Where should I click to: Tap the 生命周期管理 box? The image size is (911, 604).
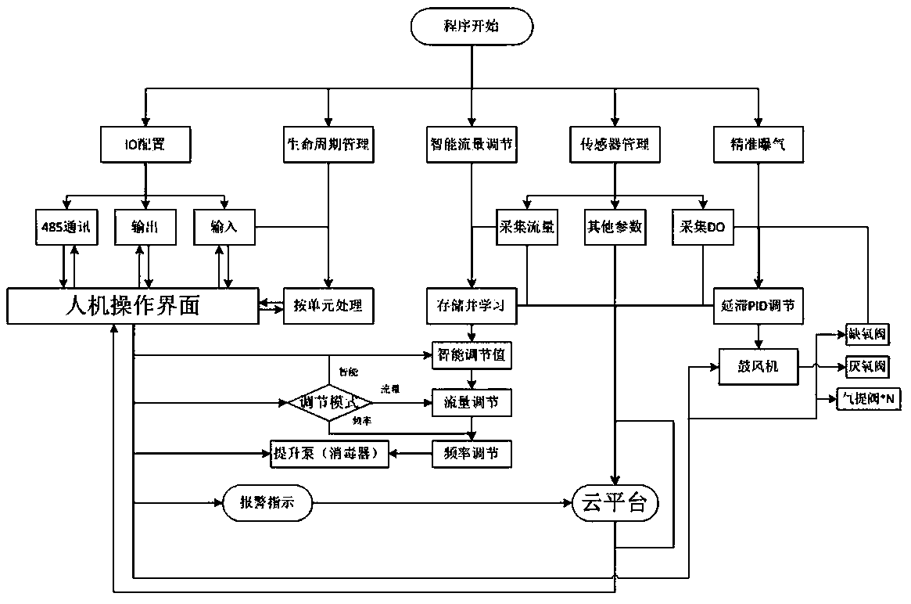(x=328, y=145)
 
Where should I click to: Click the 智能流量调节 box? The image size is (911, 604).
(x=472, y=145)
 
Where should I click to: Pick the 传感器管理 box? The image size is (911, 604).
(x=615, y=145)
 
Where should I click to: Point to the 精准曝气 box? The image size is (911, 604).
(x=758, y=145)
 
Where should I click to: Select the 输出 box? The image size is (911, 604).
(x=145, y=227)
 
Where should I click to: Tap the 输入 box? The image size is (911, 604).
(x=223, y=227)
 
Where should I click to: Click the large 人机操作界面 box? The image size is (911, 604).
(x=132, y=306)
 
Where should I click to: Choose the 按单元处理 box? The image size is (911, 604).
(x=328, y=306)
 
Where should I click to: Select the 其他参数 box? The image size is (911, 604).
(x=615, y=227)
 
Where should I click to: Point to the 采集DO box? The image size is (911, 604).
(x=703, y=227)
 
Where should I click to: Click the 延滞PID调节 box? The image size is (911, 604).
(x=758, y=306)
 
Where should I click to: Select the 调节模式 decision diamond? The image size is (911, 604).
(x=328, y=403)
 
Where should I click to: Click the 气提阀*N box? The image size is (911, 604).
(x=868, y=398)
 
